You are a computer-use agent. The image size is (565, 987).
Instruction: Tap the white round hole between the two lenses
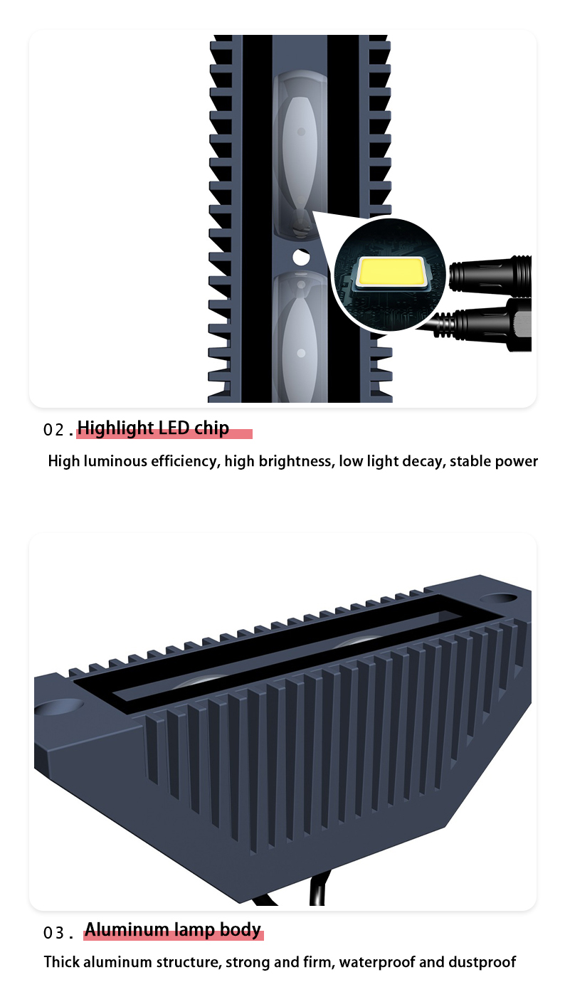[x=301, y=258]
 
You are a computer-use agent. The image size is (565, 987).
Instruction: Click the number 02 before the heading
[x=54, y=430]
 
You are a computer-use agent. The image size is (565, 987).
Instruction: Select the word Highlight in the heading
[x=115, y=428]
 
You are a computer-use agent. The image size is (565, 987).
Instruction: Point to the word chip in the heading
[x=211, y=428]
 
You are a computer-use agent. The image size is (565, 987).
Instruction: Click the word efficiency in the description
[x=185, y=461]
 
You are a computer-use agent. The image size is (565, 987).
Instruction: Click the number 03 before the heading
[x=54, y=933]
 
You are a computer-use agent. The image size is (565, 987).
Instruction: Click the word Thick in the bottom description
[x=62, y=962]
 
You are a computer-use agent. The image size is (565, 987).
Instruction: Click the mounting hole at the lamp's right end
[x=498, y=598]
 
